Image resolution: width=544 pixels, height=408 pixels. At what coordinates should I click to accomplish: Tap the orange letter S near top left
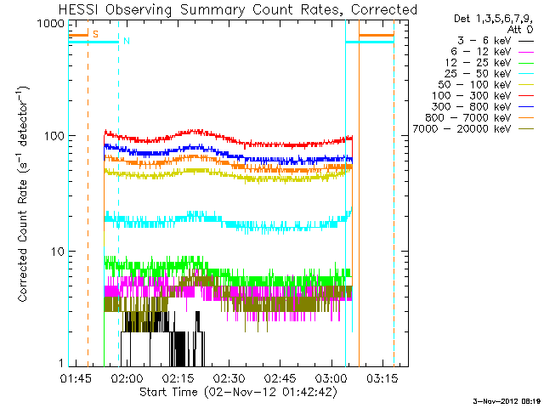click(94, 35)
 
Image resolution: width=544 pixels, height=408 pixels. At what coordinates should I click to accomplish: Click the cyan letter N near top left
click(126, 42)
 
